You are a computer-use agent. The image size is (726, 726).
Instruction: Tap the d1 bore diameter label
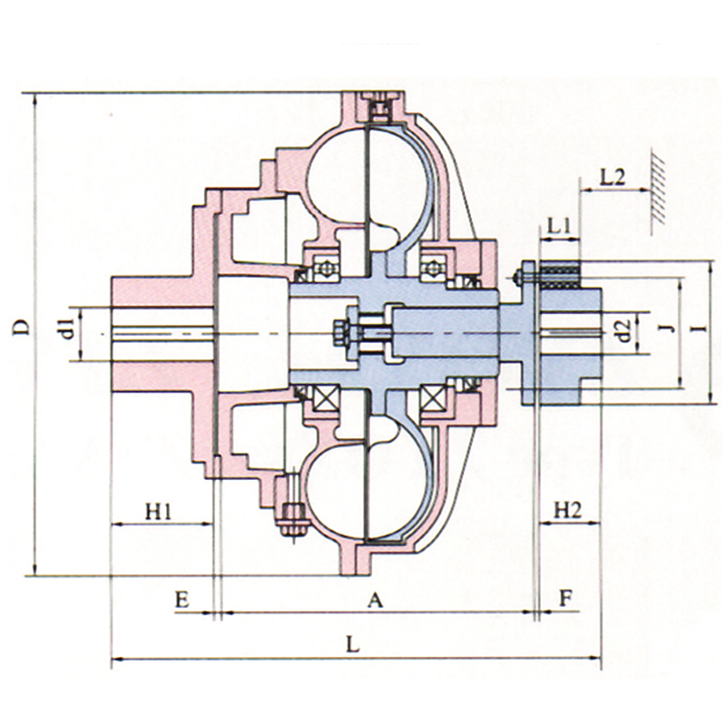(x=68, y=329)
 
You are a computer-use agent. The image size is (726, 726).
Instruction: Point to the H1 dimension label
(x=159, y=512)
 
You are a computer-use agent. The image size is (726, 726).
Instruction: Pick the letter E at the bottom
(x=182, y=600)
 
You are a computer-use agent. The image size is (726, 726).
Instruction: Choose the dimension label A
(x=376, y=601)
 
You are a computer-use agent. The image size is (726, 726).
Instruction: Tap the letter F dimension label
(x=565, y=599)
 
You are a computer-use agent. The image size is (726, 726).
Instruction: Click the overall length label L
(x=353, y=644)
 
